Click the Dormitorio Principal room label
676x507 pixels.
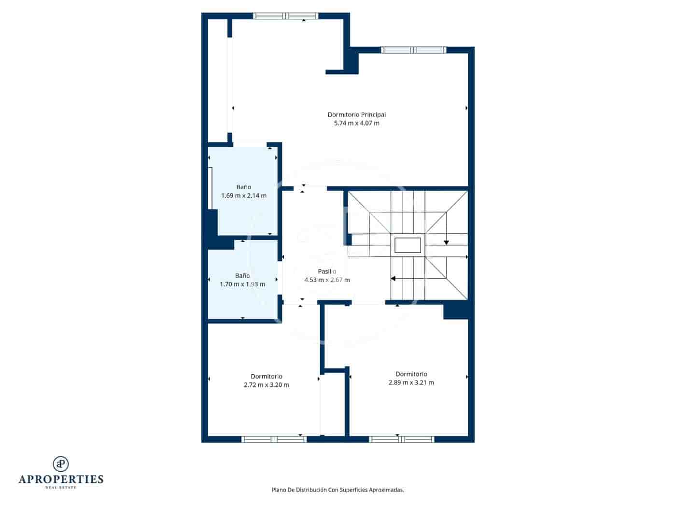[356, 115]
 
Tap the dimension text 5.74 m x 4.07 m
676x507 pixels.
[356, 124]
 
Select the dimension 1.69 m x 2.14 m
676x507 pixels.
[243, 196]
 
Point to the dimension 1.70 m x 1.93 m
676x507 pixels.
[242, 284]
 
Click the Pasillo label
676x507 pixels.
[327, 271]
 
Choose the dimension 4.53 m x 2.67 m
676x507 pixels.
[327, 280]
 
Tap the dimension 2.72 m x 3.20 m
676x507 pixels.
[267, 385]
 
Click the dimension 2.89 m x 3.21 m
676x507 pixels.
[411, 383]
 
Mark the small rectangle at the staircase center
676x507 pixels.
[408, 245]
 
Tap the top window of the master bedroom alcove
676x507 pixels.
[286, 16]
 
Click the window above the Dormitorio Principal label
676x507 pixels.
[413, 50]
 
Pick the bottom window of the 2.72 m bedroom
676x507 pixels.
[274, 439]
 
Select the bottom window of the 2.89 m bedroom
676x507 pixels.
[401, 439]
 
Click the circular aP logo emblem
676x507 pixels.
[61, 464]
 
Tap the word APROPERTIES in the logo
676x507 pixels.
[61, 479]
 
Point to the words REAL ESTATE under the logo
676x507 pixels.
[61, 488]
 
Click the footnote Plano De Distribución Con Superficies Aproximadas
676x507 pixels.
[338, 490]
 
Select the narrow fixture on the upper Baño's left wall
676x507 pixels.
[211, 188]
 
